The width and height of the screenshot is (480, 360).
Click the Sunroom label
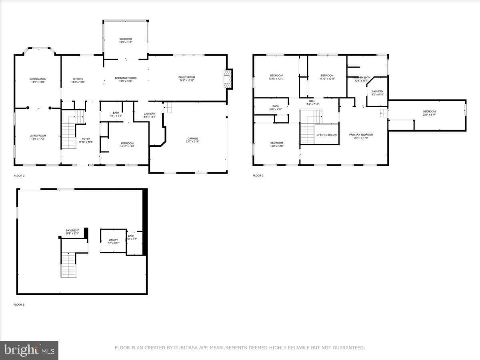pyautogui.click(x=125, y=39)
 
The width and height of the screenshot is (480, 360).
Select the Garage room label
pyautogui.click(x=192, y=138)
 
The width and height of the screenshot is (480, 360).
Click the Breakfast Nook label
pyautogui.click(x=126, y=78)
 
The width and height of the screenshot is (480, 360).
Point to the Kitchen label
pyautogui.click(x=78, y=79)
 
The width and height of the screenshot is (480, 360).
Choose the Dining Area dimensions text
pyautogui.click(x=38, y=82)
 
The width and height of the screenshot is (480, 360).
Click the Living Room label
pyautogui.click(x=38, y=136)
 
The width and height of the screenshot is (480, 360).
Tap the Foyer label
pyautogui.click(x=86, y=139)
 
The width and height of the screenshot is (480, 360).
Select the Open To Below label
pyautogui.click(x=327, y=135)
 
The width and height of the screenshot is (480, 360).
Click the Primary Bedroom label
pyautogui.click(x=361, y=135)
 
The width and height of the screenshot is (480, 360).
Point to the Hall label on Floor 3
pyautogui.click(x=312, y=101)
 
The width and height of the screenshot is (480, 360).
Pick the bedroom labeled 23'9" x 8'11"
pyautogui.click(x=430, y=113)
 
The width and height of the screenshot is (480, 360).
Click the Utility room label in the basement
pyautogui.click(x=114, y=240)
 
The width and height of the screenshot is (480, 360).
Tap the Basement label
pyautogui.click(x=72, y=230)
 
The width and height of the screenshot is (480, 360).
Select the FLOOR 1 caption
pyautogui.click(x=19, y=305)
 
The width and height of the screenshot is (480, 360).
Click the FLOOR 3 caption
pyautogui.click(x=258, y=176)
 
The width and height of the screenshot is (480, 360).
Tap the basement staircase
pyautogui.click(x=68, y=265)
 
